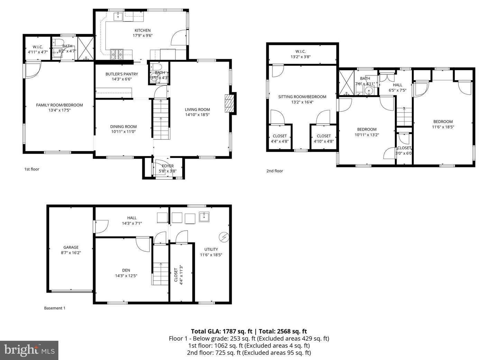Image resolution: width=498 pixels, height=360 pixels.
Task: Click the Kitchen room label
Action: pyautogui.click(x=142, y=30)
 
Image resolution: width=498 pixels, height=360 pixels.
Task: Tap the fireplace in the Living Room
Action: pyautogui.click(x=229, y=103)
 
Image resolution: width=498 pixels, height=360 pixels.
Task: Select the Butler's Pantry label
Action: pyautogui.click(x=122, y=74)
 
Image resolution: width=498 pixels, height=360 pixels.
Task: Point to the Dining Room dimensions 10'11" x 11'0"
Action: pyautogui.click(x=123, y=132)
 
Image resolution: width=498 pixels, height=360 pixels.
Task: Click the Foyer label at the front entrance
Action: pyautogui.click(x=168, y=166)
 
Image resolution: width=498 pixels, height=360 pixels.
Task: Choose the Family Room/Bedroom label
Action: pyautogui.click(x=59, y=105)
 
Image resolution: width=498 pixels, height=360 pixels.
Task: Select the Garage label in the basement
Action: pyautogui.click(x=71, y=247)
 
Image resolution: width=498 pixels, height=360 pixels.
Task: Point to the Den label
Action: pyautogui.click(x=126, y=270)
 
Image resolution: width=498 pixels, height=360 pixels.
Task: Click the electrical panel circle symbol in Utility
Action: pyautogui.click(x=224, y=237)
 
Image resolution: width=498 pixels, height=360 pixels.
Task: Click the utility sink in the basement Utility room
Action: pyautogui.click(x=204, y=218)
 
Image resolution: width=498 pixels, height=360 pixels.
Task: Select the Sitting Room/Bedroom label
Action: pyautogui.click(x=302, y=97)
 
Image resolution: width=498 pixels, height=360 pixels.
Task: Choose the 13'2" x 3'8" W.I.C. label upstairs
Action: pyautogui.click(x=301, y=57)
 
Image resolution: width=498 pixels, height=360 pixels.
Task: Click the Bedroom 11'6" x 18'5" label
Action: pyautogui.click(x=443, y=124)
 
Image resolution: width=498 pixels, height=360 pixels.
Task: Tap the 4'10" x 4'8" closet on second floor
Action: pyautogui.click(x=324, y=139)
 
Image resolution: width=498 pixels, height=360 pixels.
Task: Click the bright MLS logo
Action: pyautogui.click(x=29, y=350)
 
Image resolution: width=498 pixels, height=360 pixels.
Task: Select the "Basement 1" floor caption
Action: pyautogui.click(x=55, y=308)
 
